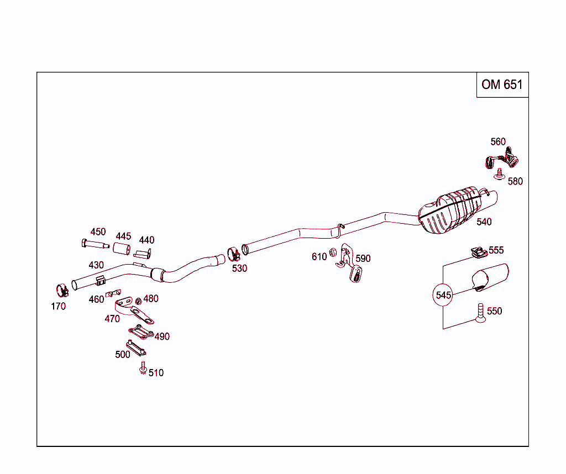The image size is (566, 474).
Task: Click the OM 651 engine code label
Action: (x=502, y=85)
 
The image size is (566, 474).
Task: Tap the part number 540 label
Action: (x=484, y=222)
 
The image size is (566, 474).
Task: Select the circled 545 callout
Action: (x=443, y=295)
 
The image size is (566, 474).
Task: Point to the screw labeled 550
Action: (x=480, y=313)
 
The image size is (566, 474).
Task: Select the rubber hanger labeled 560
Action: (x=502, y=160)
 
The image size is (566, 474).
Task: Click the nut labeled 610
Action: (x=333, y=253)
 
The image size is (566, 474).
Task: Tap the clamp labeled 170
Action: (x=62, y=289)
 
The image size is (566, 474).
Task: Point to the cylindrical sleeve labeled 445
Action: (x=122, y=250)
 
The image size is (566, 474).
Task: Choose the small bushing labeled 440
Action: (x=143, y=254)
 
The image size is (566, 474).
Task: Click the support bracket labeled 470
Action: (x=133, y=310)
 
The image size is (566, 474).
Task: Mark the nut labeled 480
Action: (x=138, y=301)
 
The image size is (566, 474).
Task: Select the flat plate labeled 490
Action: (x=141, y=333)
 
